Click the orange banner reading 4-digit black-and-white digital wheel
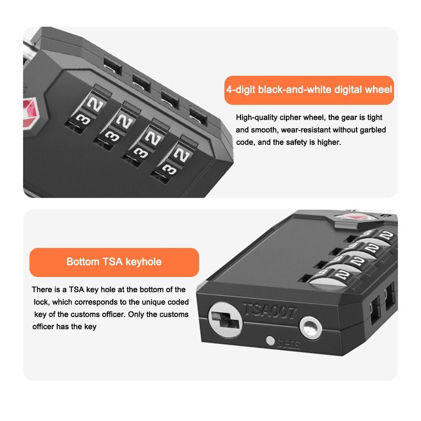(309, 90)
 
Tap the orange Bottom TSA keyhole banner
(114, 262)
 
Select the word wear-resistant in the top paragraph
(309, 130)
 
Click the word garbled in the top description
(372, 130)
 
